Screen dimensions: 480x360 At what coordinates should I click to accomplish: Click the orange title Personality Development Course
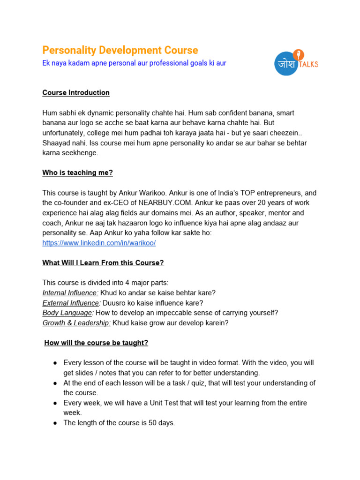click(120, 50)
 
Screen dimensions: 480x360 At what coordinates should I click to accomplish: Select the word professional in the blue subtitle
click(168, 63)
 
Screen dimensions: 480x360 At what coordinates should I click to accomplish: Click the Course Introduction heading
click(76, 93)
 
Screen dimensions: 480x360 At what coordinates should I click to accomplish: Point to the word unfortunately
click(61, 133)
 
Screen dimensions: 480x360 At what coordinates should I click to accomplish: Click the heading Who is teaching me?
click(77, 173)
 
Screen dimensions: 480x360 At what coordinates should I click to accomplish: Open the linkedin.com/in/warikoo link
click(98, 243)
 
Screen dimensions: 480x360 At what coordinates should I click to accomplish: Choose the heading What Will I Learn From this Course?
click(103, 263)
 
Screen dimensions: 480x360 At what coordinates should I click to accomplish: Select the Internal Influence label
click(70, 293)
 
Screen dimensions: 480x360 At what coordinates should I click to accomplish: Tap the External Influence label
click(71, 303)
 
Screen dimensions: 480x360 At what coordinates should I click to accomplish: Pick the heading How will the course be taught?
click(96, 343)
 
